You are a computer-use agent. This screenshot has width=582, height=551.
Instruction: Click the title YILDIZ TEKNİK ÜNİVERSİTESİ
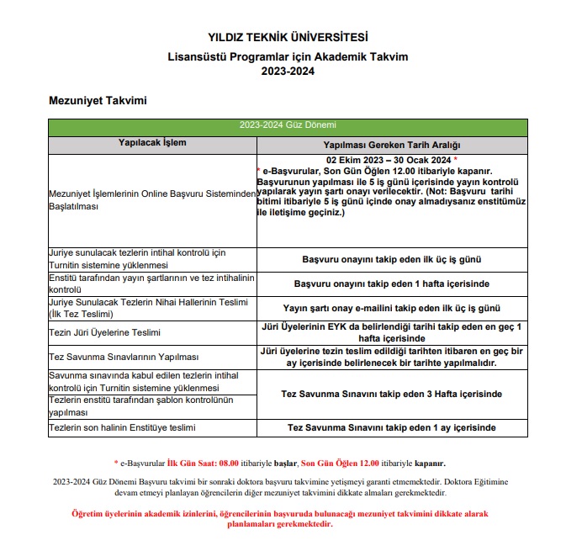288,37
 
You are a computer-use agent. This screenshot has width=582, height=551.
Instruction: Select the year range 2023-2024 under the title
288,72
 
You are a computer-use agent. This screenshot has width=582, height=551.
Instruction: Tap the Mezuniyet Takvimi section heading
98,101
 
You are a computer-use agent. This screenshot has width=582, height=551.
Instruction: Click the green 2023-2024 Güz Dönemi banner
288,125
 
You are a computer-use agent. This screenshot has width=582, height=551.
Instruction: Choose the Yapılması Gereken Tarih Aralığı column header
392,145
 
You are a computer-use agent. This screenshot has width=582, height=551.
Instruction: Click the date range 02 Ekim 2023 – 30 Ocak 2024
389,159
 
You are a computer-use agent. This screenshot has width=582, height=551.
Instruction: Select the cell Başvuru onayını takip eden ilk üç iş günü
392,260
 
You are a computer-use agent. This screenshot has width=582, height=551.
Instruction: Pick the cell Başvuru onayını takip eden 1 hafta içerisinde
392,283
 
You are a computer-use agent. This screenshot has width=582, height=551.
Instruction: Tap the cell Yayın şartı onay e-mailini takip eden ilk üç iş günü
392,308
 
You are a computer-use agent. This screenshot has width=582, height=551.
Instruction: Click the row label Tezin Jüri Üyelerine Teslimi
105,333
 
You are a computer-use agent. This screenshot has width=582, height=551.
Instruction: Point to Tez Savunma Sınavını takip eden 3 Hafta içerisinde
392,394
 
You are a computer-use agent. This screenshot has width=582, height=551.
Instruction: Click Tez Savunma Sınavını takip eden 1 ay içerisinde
392,427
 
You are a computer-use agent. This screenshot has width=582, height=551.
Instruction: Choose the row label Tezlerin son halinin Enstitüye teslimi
122,428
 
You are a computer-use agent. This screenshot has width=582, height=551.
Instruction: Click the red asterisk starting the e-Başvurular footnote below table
116,462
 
